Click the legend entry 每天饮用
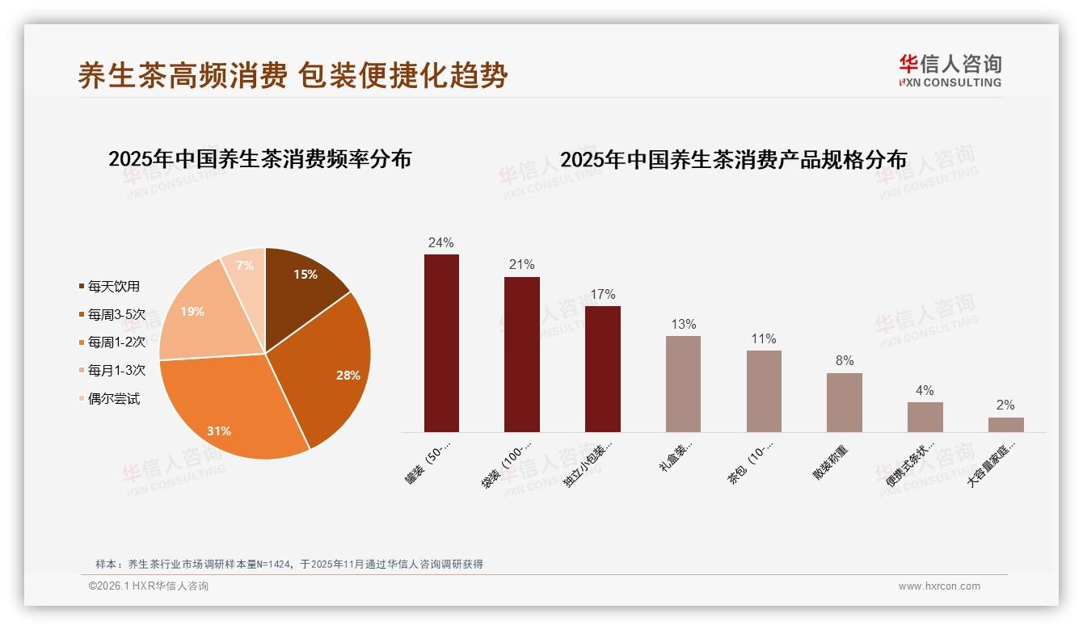tap(113, 286)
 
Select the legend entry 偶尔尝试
tap(113, 399)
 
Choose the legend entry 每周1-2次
tap(116, 342)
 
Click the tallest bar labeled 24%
tap(441, 343)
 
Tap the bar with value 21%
tap(522, 355)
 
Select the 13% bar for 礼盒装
tap(683, 384)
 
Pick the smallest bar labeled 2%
tap(1005, 425)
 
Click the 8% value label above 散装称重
tap(845, 360)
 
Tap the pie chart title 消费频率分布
tap(259, 158)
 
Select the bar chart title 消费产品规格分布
tap(733, 159)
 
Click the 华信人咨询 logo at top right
tap(950, 70)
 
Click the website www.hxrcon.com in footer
tap(939, 586)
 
